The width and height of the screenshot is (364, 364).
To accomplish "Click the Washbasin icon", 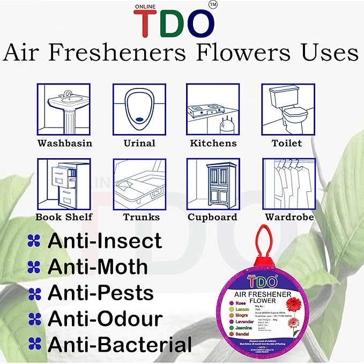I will [63, 110].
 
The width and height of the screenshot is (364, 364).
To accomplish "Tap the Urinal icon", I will [139, 110].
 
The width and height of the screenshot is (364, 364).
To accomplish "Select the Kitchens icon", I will [213, 110].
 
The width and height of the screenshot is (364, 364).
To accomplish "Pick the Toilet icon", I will [286, 110].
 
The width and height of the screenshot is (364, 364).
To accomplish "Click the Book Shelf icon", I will [63, 184].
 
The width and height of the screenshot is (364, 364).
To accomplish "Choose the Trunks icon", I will [139, 184].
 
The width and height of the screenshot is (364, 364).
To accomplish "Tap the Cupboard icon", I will [213, 184].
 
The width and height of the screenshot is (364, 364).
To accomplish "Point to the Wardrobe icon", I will [286, 184].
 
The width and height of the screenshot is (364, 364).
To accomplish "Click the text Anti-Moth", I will [98, 266].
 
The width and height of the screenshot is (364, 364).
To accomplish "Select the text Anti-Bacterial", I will [120, 344].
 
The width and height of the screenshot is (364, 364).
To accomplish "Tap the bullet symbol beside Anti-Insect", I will [34, 241].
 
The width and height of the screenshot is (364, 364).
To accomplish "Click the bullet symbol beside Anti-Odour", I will [34, 319].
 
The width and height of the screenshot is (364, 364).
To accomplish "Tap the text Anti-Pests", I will [101, 293].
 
